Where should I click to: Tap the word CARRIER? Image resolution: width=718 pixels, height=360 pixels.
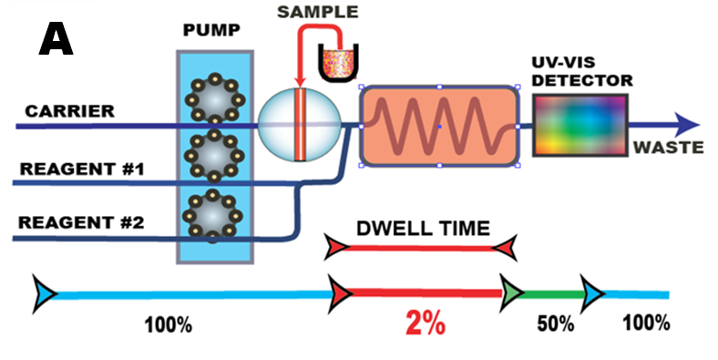click(x=69, y=112)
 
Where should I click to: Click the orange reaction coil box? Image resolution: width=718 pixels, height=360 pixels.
click(x=439, y=127)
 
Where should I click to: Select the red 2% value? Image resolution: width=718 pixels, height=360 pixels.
click(x=425, y=324)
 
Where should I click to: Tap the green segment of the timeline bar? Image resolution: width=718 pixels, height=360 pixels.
click(x=556, y=294)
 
